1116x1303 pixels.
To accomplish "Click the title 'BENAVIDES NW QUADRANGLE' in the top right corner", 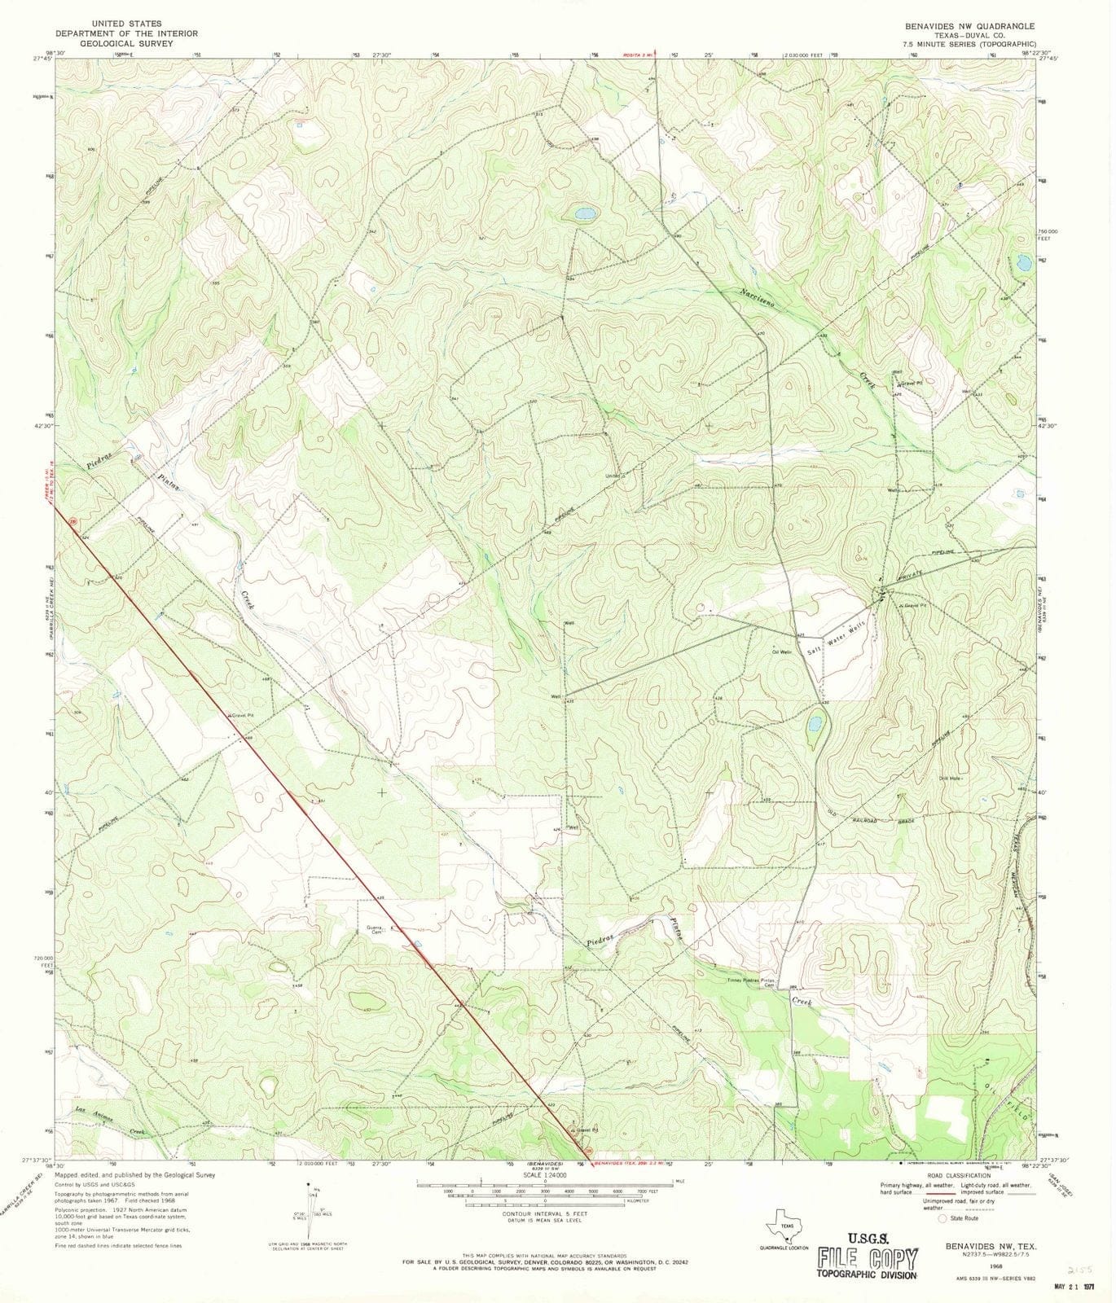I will [964, 26].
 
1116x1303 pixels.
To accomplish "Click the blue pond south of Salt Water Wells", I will [814, 722].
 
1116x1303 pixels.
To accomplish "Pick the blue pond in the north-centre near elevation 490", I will [583, 214].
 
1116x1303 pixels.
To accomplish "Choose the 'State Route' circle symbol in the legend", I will [943, 1241].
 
